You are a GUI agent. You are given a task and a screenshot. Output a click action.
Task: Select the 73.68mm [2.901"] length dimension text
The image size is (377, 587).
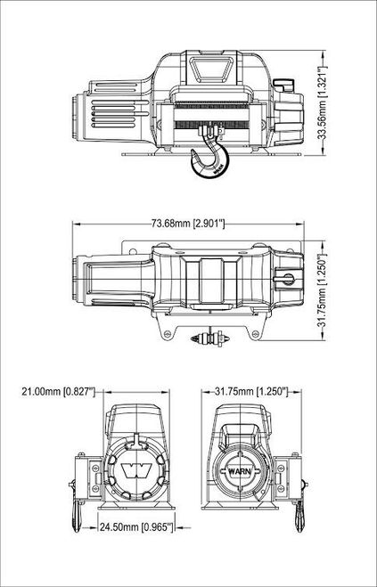click(x=188, y=223)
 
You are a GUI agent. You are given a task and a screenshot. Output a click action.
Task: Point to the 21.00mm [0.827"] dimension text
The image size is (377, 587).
click(x=57, y=391)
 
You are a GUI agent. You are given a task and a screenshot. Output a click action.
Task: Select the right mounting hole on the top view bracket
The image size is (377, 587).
click(x=252, y=334)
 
